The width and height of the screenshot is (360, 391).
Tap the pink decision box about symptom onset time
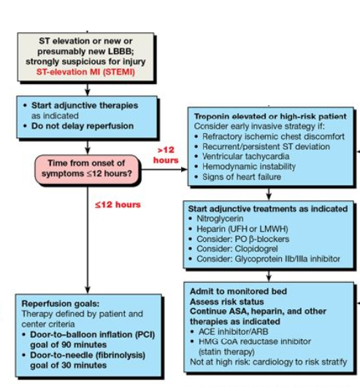pos(87,169)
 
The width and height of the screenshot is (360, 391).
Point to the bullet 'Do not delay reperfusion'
pos(83,126)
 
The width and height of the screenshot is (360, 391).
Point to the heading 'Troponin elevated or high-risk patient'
pos(269,116)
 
